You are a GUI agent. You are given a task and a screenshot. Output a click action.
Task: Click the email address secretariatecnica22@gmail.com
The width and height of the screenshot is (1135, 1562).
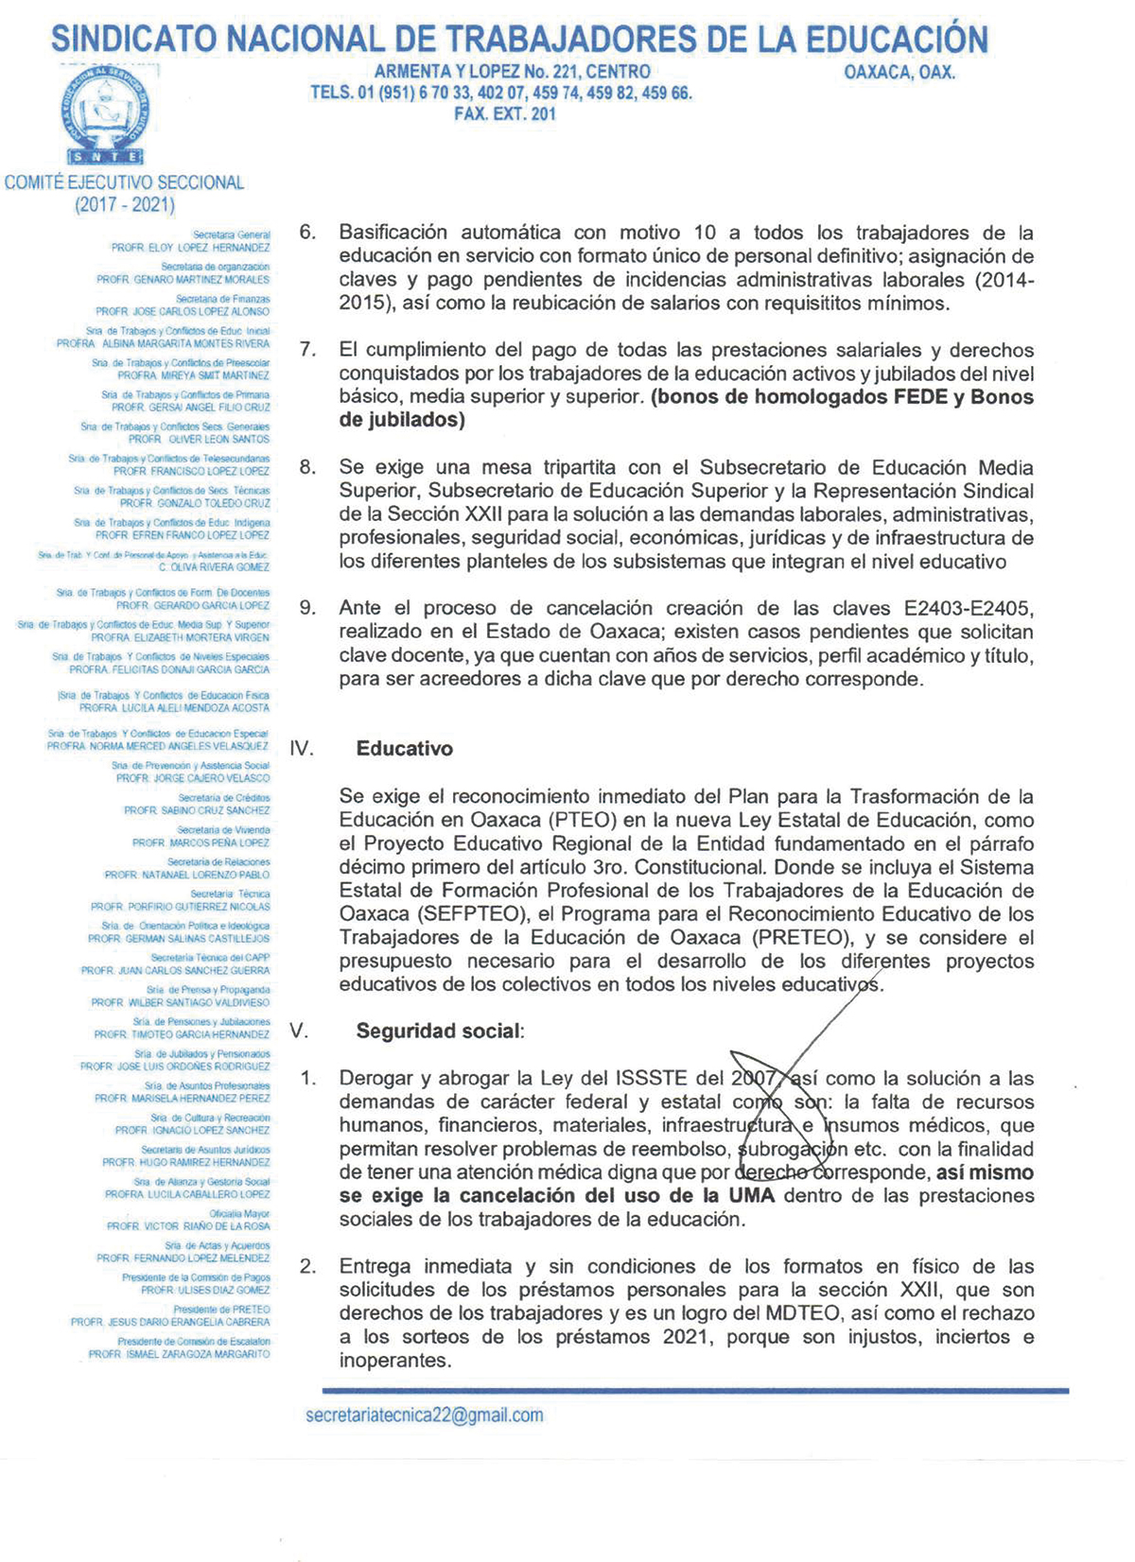tap(425, 1415)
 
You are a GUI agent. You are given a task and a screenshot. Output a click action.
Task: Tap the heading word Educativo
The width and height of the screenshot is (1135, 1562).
tap(404, 749)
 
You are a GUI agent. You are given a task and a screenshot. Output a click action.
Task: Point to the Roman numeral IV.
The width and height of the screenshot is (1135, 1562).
tap(301, 749)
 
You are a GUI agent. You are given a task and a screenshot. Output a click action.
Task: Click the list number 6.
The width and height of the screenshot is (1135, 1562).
tap(307, 233)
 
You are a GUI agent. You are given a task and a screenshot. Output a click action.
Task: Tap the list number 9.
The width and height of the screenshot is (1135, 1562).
tap(307, 608)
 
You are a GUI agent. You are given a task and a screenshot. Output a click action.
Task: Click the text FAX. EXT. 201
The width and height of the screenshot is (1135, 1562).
tap(505, 114)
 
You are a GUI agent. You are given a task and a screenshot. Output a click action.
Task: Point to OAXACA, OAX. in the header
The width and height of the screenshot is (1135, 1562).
tap(899, 72)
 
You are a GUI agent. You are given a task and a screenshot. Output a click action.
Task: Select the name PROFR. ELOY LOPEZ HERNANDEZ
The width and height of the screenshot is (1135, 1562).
tap(190, 248)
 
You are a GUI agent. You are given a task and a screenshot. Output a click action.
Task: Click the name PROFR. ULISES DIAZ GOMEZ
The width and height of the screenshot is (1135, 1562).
tap(205, 1290)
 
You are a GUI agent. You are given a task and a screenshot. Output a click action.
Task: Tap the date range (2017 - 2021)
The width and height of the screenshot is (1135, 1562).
tap(125, 204)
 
